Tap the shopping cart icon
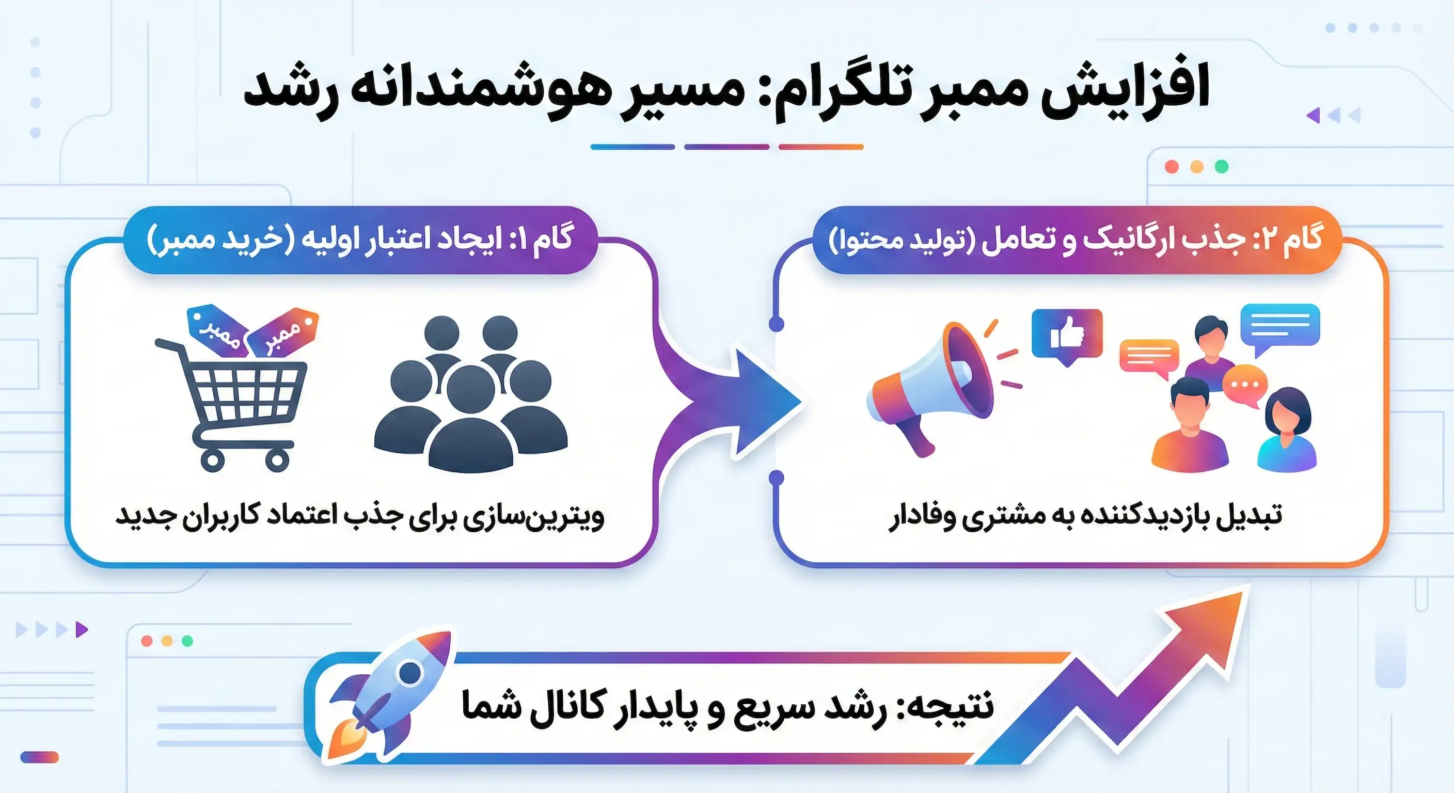pos(237,401)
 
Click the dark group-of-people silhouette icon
pos(471,395)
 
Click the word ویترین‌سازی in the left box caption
pos(533,516)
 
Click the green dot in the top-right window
pos(1222,167)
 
